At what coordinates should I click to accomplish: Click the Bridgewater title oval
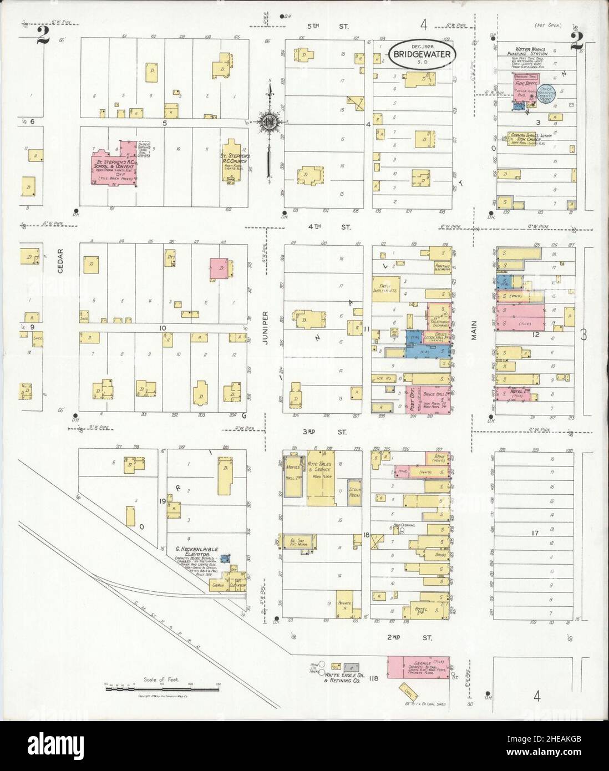tap(423, 54)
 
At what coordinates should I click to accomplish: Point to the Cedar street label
tap(60, 260)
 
